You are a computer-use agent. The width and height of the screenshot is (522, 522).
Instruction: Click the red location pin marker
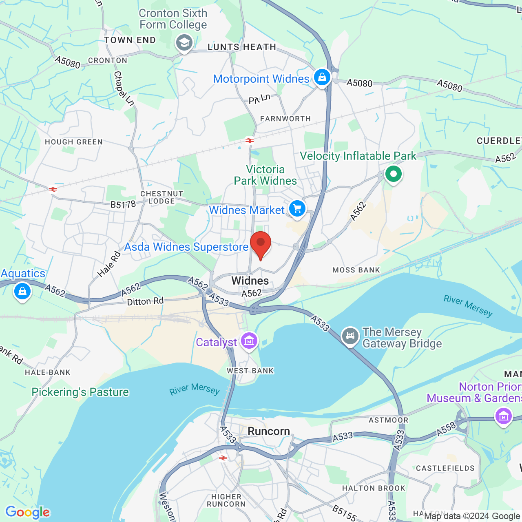[x=261, y=244]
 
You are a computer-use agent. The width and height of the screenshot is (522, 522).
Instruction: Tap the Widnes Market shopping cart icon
[x=297, y=208]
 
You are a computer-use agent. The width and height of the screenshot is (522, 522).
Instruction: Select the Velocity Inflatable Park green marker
[x=394, y=174]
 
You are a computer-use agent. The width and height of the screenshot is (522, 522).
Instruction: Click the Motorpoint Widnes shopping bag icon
[x=322, y=77]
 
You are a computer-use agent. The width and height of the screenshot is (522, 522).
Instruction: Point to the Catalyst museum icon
[x=249, y=340]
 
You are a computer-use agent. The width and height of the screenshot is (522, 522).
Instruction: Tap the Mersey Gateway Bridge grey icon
[x=350, y=336]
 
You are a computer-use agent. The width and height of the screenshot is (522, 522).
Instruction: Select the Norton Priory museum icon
[x=503, y=416]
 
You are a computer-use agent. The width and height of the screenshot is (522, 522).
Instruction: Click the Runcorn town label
[x=269, y=431]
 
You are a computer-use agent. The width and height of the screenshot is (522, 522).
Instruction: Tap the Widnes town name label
[x=250, y=281]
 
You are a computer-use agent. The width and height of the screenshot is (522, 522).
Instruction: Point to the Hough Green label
[x=74, y=142]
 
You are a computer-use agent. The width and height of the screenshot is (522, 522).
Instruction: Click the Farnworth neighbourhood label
[x=285, y=119]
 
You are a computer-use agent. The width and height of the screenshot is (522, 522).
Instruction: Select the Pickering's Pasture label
[x=80, y=392]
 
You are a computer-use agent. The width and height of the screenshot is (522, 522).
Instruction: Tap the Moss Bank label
[x=356, y=270]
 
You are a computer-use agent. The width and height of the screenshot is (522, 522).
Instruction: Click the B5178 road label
[x=123, y=204]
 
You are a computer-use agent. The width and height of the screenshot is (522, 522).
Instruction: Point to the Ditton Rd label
[x=145, y=301]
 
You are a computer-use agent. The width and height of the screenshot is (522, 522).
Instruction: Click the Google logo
[x=28, y=512]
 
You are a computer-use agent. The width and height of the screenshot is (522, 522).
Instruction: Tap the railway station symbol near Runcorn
[x=223, y=458]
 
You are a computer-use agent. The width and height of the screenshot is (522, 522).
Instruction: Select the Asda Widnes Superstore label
[x=186, y=247]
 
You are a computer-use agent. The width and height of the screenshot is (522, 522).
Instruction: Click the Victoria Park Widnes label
[x=265, y=175]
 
